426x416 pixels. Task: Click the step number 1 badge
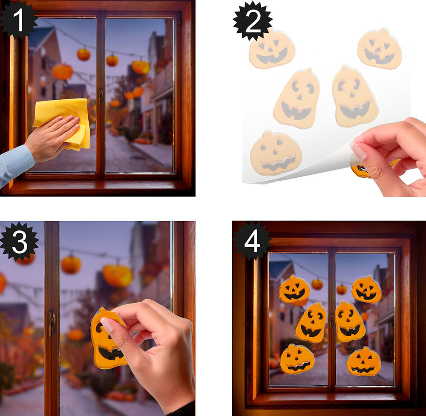point(18,19)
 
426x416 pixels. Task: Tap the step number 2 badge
point(253,21)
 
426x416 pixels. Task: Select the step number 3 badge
point(20,241)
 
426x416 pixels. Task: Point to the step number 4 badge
point(252,241)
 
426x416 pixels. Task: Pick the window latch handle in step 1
point(101,96)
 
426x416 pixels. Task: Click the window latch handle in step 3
point(52,323)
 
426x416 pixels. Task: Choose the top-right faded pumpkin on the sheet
point(380,49)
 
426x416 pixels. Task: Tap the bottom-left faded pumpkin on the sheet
point(276,153)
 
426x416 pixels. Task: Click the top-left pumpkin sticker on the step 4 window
point(294,289)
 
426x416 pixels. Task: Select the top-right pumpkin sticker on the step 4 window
point(366,289)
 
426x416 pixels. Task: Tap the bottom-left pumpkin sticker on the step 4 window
point(297,359)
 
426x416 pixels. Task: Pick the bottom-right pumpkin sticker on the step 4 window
point(364,361)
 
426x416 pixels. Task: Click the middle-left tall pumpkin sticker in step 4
point(311,323)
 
